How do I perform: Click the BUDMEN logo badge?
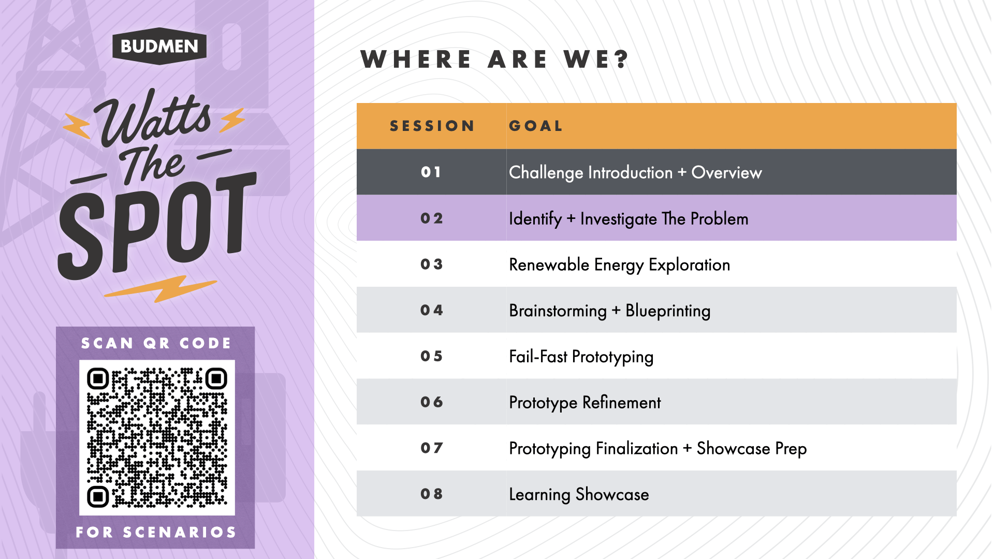click(x=159, y=46)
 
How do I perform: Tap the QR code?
click(x=157, y=437)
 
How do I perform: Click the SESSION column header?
click(x=432, y=126)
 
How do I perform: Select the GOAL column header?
click(x=536, y=126)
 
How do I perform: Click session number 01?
click(x=431, y=172)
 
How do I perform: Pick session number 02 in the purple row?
click(x=432, y=218)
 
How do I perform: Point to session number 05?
click(x=432, y=356)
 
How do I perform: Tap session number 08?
click(x=432, y=494)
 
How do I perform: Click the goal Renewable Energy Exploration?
click(x=620, y=265)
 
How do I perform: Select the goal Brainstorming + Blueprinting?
click(x=610, y=311)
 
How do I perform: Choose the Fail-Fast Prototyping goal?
click(x=581, y=357)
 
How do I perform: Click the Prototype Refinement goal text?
click(x=585, y=403)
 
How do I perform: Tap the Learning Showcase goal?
click(x=579, y=494)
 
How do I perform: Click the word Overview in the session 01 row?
click(x=727, y=172)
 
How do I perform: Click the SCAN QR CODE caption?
click(x=156, y=343)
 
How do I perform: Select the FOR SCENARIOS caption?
click(x=156, y=532)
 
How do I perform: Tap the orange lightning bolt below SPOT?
click(x=160, y=289)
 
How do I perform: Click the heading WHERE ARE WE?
click(x=495, y=60)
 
